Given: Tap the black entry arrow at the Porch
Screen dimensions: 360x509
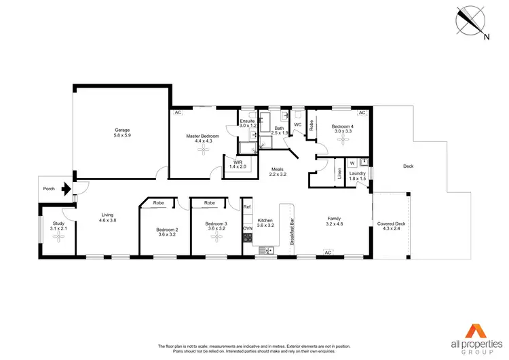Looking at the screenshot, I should click(x=66, y=189).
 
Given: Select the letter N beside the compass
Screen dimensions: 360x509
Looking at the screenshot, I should click(x=485, y=38).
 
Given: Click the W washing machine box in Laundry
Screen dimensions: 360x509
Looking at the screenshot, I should click(x=353, y=163).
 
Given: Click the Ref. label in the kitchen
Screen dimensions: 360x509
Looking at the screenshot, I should click(x=248, y=207).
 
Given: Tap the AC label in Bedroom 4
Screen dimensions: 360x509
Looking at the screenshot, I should click(x=362, y=113).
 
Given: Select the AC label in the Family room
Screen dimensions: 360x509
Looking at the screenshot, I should click(x=327, y=253).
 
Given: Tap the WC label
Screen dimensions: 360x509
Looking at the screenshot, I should click(x=297, y=124).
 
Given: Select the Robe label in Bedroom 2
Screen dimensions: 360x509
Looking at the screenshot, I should click(x=158, y=203).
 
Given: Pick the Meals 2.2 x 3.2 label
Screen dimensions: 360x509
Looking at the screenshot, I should click(x=278, y=173).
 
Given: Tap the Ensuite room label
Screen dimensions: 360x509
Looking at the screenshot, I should click(x=248, y=123).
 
